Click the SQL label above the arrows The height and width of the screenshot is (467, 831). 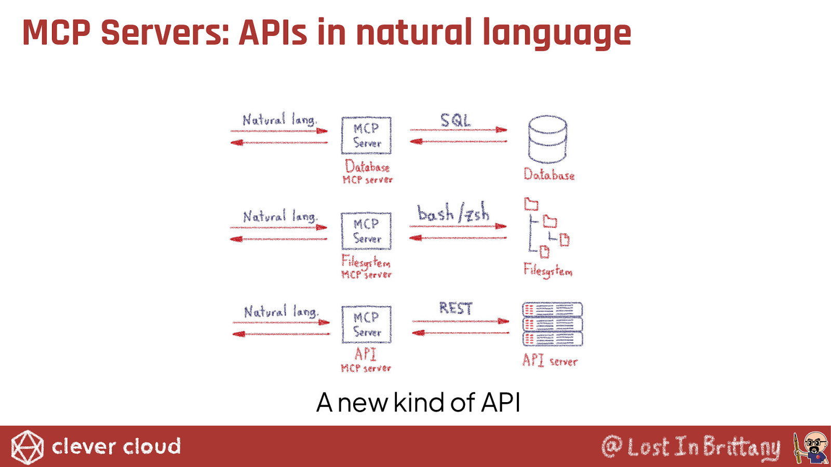coord(455,120)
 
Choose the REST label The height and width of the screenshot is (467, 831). coord(455,308)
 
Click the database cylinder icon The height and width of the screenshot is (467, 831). coord(547,140)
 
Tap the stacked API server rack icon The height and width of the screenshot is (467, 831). coord(553,324)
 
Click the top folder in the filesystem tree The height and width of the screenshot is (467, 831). coord(531,204)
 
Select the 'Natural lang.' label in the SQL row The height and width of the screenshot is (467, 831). coord(280,120)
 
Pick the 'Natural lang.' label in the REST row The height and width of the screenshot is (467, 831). coord(281,311)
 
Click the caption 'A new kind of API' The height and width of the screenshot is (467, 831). coord(418,403)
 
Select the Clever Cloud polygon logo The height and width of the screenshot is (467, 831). coord(27,447)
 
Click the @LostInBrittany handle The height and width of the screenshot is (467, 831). coord(691,447)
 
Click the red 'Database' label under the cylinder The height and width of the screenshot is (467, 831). coord(549,174)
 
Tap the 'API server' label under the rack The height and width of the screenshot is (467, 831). coord(550,360)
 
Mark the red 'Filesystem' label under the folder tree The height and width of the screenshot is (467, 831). coord(548,270)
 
